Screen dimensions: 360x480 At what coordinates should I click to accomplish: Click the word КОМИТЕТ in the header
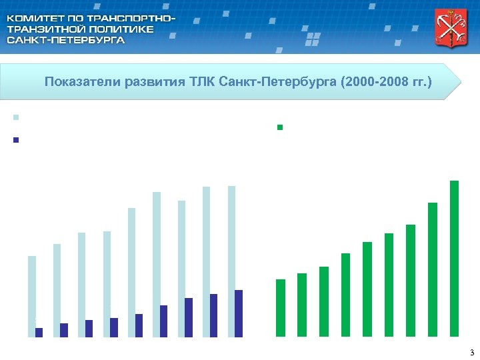tap(33, 17)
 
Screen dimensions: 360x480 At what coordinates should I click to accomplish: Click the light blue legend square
tap(15, 117)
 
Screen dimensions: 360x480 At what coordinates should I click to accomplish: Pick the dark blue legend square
tap(15, 140)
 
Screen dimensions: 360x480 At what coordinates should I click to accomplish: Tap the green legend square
tap(281, 127)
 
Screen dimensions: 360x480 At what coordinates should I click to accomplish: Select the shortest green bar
tap(281, 308)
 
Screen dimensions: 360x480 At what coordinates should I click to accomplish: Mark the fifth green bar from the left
tap(367, 289)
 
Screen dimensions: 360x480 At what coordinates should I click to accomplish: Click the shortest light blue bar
tap(31, 296)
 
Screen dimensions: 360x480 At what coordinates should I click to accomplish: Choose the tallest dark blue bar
tap(239, 313)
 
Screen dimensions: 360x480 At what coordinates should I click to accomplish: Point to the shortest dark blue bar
tap(39, 332)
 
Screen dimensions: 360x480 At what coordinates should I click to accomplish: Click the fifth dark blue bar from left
tap(139, 325)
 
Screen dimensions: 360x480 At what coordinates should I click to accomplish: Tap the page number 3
tap(471, 353)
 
